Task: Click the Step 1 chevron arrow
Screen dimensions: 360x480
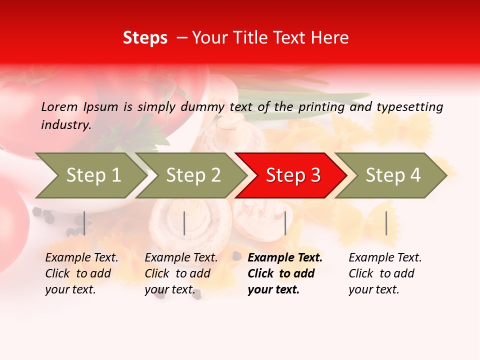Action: (93, 175)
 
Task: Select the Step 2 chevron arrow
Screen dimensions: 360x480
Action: (193, 175)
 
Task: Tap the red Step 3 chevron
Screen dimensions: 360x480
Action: (292, 175)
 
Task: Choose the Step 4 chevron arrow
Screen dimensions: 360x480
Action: (392, 175)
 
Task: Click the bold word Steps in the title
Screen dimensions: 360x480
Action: (145, 37)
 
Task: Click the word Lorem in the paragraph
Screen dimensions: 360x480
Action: (59, 106)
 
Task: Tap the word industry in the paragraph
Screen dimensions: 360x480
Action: (65, 125)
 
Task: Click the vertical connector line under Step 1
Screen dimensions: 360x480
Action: (84, 223)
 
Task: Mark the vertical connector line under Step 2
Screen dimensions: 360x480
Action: (184, 223)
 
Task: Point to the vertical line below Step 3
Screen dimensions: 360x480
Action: (285, 223)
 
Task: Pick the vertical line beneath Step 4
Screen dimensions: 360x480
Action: (386, 223)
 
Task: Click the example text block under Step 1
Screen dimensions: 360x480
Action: (81, 273)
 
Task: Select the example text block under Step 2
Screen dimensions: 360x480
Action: (181, 273)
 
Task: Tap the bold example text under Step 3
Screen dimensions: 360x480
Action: (285, 273)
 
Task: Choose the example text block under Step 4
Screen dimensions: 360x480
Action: (385, 273)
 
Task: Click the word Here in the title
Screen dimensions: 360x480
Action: (332, 37)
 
